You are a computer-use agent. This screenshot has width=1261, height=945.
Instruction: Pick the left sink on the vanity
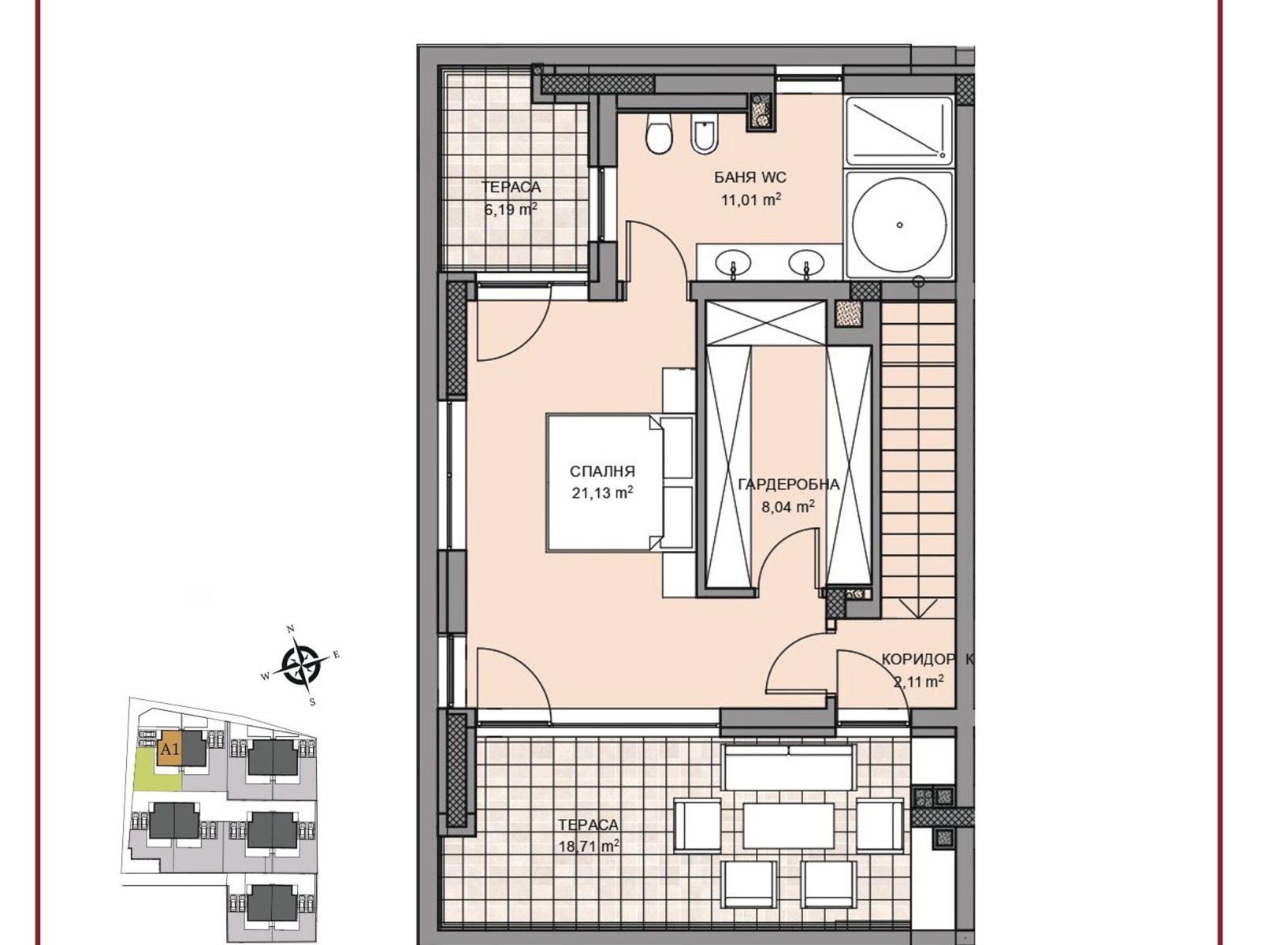pos(732,264)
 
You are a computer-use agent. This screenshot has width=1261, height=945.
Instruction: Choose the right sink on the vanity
pos(806,264)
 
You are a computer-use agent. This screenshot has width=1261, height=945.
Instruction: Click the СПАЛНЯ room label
pos(602,471)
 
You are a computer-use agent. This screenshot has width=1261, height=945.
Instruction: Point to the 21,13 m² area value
pos(602,493)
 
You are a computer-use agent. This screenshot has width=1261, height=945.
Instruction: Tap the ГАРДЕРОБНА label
pos(789,485)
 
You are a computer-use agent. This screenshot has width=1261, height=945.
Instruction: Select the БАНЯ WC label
pos(750,177)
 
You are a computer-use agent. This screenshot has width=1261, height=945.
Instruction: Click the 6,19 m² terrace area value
pos(511,209)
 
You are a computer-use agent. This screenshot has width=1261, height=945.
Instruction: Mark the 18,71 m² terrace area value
pos(589,846)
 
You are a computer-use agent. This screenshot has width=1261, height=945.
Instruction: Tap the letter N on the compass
pos(292,629)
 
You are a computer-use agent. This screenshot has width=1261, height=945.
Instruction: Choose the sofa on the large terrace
pos(788,767)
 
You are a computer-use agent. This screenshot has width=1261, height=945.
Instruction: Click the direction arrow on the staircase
pos(918,608)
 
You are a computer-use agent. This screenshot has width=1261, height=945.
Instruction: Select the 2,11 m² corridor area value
pos(919,681)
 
